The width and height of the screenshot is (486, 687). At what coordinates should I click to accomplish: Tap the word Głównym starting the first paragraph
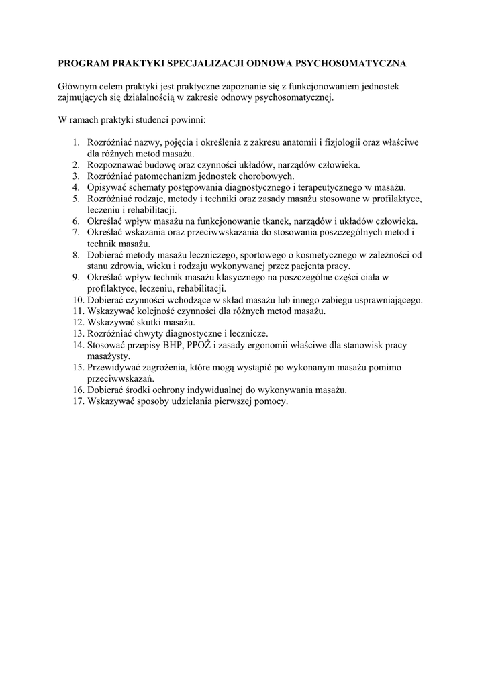(78, 87)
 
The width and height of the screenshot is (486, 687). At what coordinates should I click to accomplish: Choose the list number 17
(78, 401)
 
